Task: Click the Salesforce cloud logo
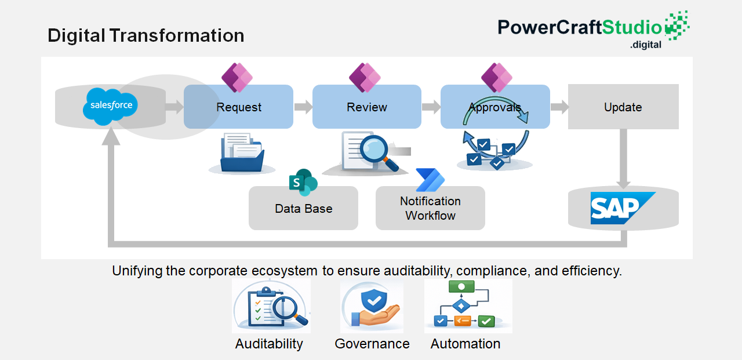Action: (x=110, y=106)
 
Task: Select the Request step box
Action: (x=238, y=107)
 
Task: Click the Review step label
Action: (x=367, y=107)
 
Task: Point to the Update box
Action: (x=623, y=107)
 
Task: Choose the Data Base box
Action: (x=303, y=208)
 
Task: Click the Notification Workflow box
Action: (x=430, y=208)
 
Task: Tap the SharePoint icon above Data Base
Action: (x=303, y=182)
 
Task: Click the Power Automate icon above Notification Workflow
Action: (x=430, y=180)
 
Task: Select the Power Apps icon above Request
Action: (x=237, y=78)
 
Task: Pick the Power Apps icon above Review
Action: (x=365, y=78)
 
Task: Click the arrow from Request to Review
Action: (x=303, y=107)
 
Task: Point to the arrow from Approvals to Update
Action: (x=559, y=107)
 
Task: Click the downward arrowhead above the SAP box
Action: (x=623, y=184)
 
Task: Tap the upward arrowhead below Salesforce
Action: (x=111, y=136)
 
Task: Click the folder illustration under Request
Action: (x=242, y=152)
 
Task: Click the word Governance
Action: (x=372, y=344)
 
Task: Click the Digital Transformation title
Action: (x=146, y=35)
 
